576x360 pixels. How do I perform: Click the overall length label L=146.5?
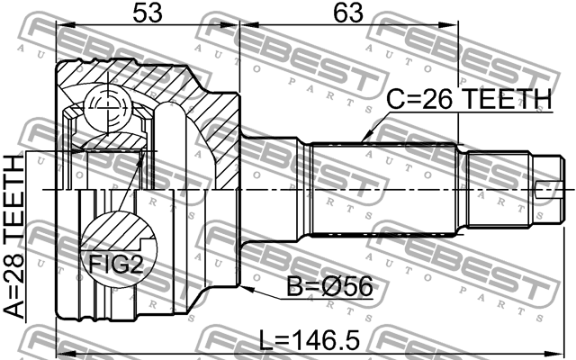[x=309, y=339]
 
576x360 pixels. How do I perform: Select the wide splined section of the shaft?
[x=387, y=191]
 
